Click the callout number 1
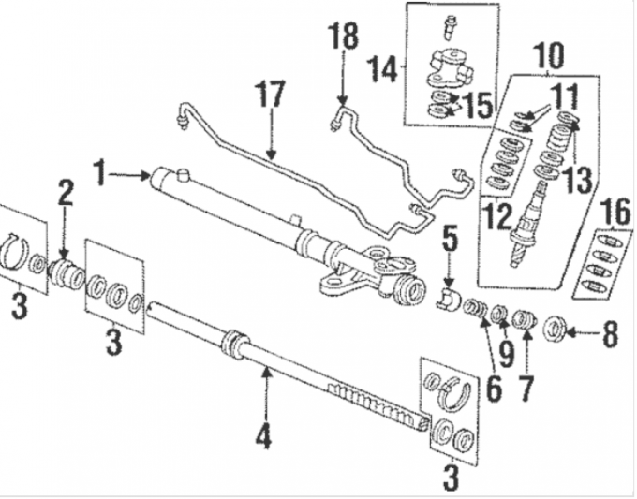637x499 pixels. [x=100, y=172]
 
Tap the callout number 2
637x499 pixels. [x=64, y=195]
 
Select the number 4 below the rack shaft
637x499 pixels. [x=265, y=436]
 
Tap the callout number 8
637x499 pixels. [x=611, y=334]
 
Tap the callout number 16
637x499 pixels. [x=613, y=214]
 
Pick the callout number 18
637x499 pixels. [x=343, y=38]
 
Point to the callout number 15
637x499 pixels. [x=477, y=103]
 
